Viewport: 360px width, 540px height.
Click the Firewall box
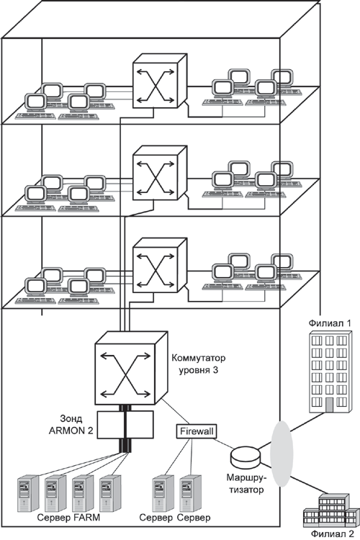pyautogui.click(x=197, y=431)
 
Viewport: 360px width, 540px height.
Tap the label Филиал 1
pyautogui.click(x=330, y=323)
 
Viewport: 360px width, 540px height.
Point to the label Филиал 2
pyautogui.click(x=333, y=534)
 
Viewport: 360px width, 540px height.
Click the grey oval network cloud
pyautogui.click(x=281, y=454)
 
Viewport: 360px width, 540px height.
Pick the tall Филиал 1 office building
pyautogui.click(x=330, y=372)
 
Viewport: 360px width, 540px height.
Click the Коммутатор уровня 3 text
pyautogui.click(x=199, y=364)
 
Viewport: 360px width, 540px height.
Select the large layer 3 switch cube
pyautogui.click(x=131, y=368)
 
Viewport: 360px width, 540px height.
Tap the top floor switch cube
pyautogui.click(x=160, y=81)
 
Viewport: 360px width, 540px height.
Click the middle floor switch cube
pyautogui.click(x=160, y=173)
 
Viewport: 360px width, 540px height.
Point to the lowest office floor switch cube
pyautogui.click(x=160, y=265)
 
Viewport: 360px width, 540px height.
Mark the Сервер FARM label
pyautogui.click(x=68, y=517)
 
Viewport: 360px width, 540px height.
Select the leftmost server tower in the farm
pyautogui.click(x=28, y=493)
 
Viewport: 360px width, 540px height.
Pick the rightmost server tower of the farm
pyautogui.click(x=111, y=493)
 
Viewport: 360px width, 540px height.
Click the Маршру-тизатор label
pyautogui.click(x=246, y=483)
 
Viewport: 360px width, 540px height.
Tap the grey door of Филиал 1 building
pyautogui.click(x=329, y=405)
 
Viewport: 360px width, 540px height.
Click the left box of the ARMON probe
pyautogui.click(x=110, y=425)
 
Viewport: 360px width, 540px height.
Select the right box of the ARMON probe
pyautogui.click(x=140, y=425)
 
